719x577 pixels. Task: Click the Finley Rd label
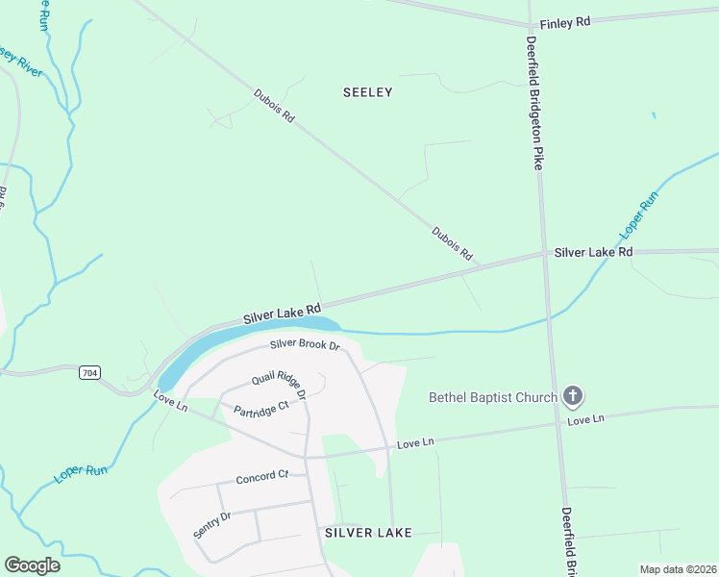click(564, 22)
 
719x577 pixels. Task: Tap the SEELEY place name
click(368, 92)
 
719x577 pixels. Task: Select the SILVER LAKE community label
click(368, 532)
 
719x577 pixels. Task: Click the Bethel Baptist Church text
click(493, 397)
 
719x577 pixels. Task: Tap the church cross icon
click(573, 395)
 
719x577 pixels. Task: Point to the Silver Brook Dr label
click(306, 344)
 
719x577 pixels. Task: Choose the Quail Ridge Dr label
click(279, 386)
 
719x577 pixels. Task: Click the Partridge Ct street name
click(261, 408)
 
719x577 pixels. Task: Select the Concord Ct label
click(262, 475)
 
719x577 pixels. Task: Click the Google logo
click(33, 565)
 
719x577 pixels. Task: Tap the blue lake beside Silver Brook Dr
click(240, 341)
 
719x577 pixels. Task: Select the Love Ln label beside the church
click(584, 419)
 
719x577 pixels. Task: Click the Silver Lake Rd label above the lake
click(281, 314)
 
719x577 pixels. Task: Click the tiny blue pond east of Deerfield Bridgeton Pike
click(654, 115)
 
